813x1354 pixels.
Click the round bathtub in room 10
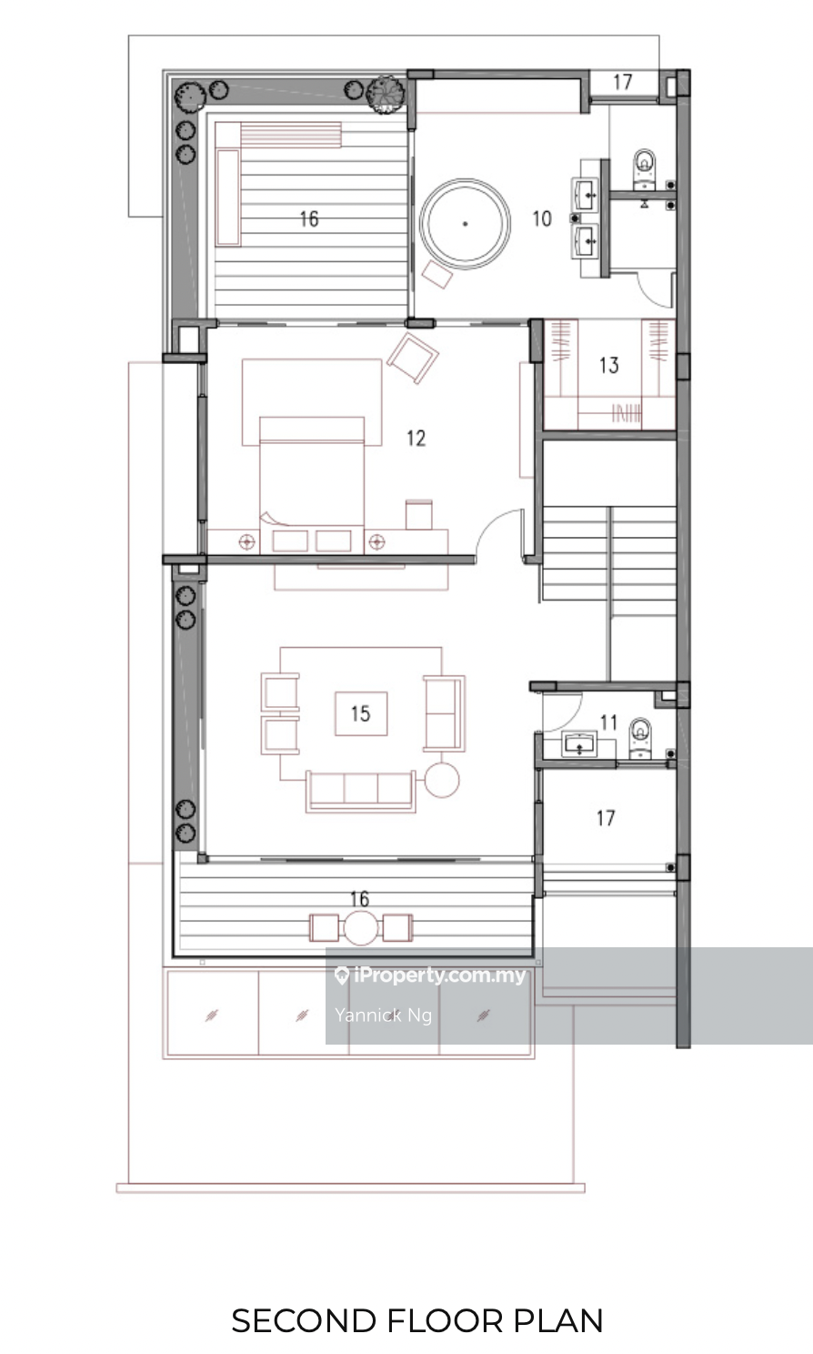click(465, 223)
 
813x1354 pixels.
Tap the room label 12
click(417, 438)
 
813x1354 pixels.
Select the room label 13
click(609, 365)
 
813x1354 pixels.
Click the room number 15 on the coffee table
click(361, 713)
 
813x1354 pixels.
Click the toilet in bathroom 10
click(645, 169)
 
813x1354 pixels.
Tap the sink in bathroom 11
click(579, 744)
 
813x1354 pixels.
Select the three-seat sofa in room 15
click(361, 791)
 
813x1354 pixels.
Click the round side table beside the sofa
click(442, 780)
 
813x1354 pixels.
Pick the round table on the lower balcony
click(361, 928)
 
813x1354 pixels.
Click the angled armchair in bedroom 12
click(413, 358)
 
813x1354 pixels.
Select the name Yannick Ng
click(384, 1015)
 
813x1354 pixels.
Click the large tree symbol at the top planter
click(386, 94)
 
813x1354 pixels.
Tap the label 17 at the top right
click(623, 82)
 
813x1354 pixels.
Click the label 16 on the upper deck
click(309, 218)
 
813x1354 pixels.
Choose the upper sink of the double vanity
click(586, 193)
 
